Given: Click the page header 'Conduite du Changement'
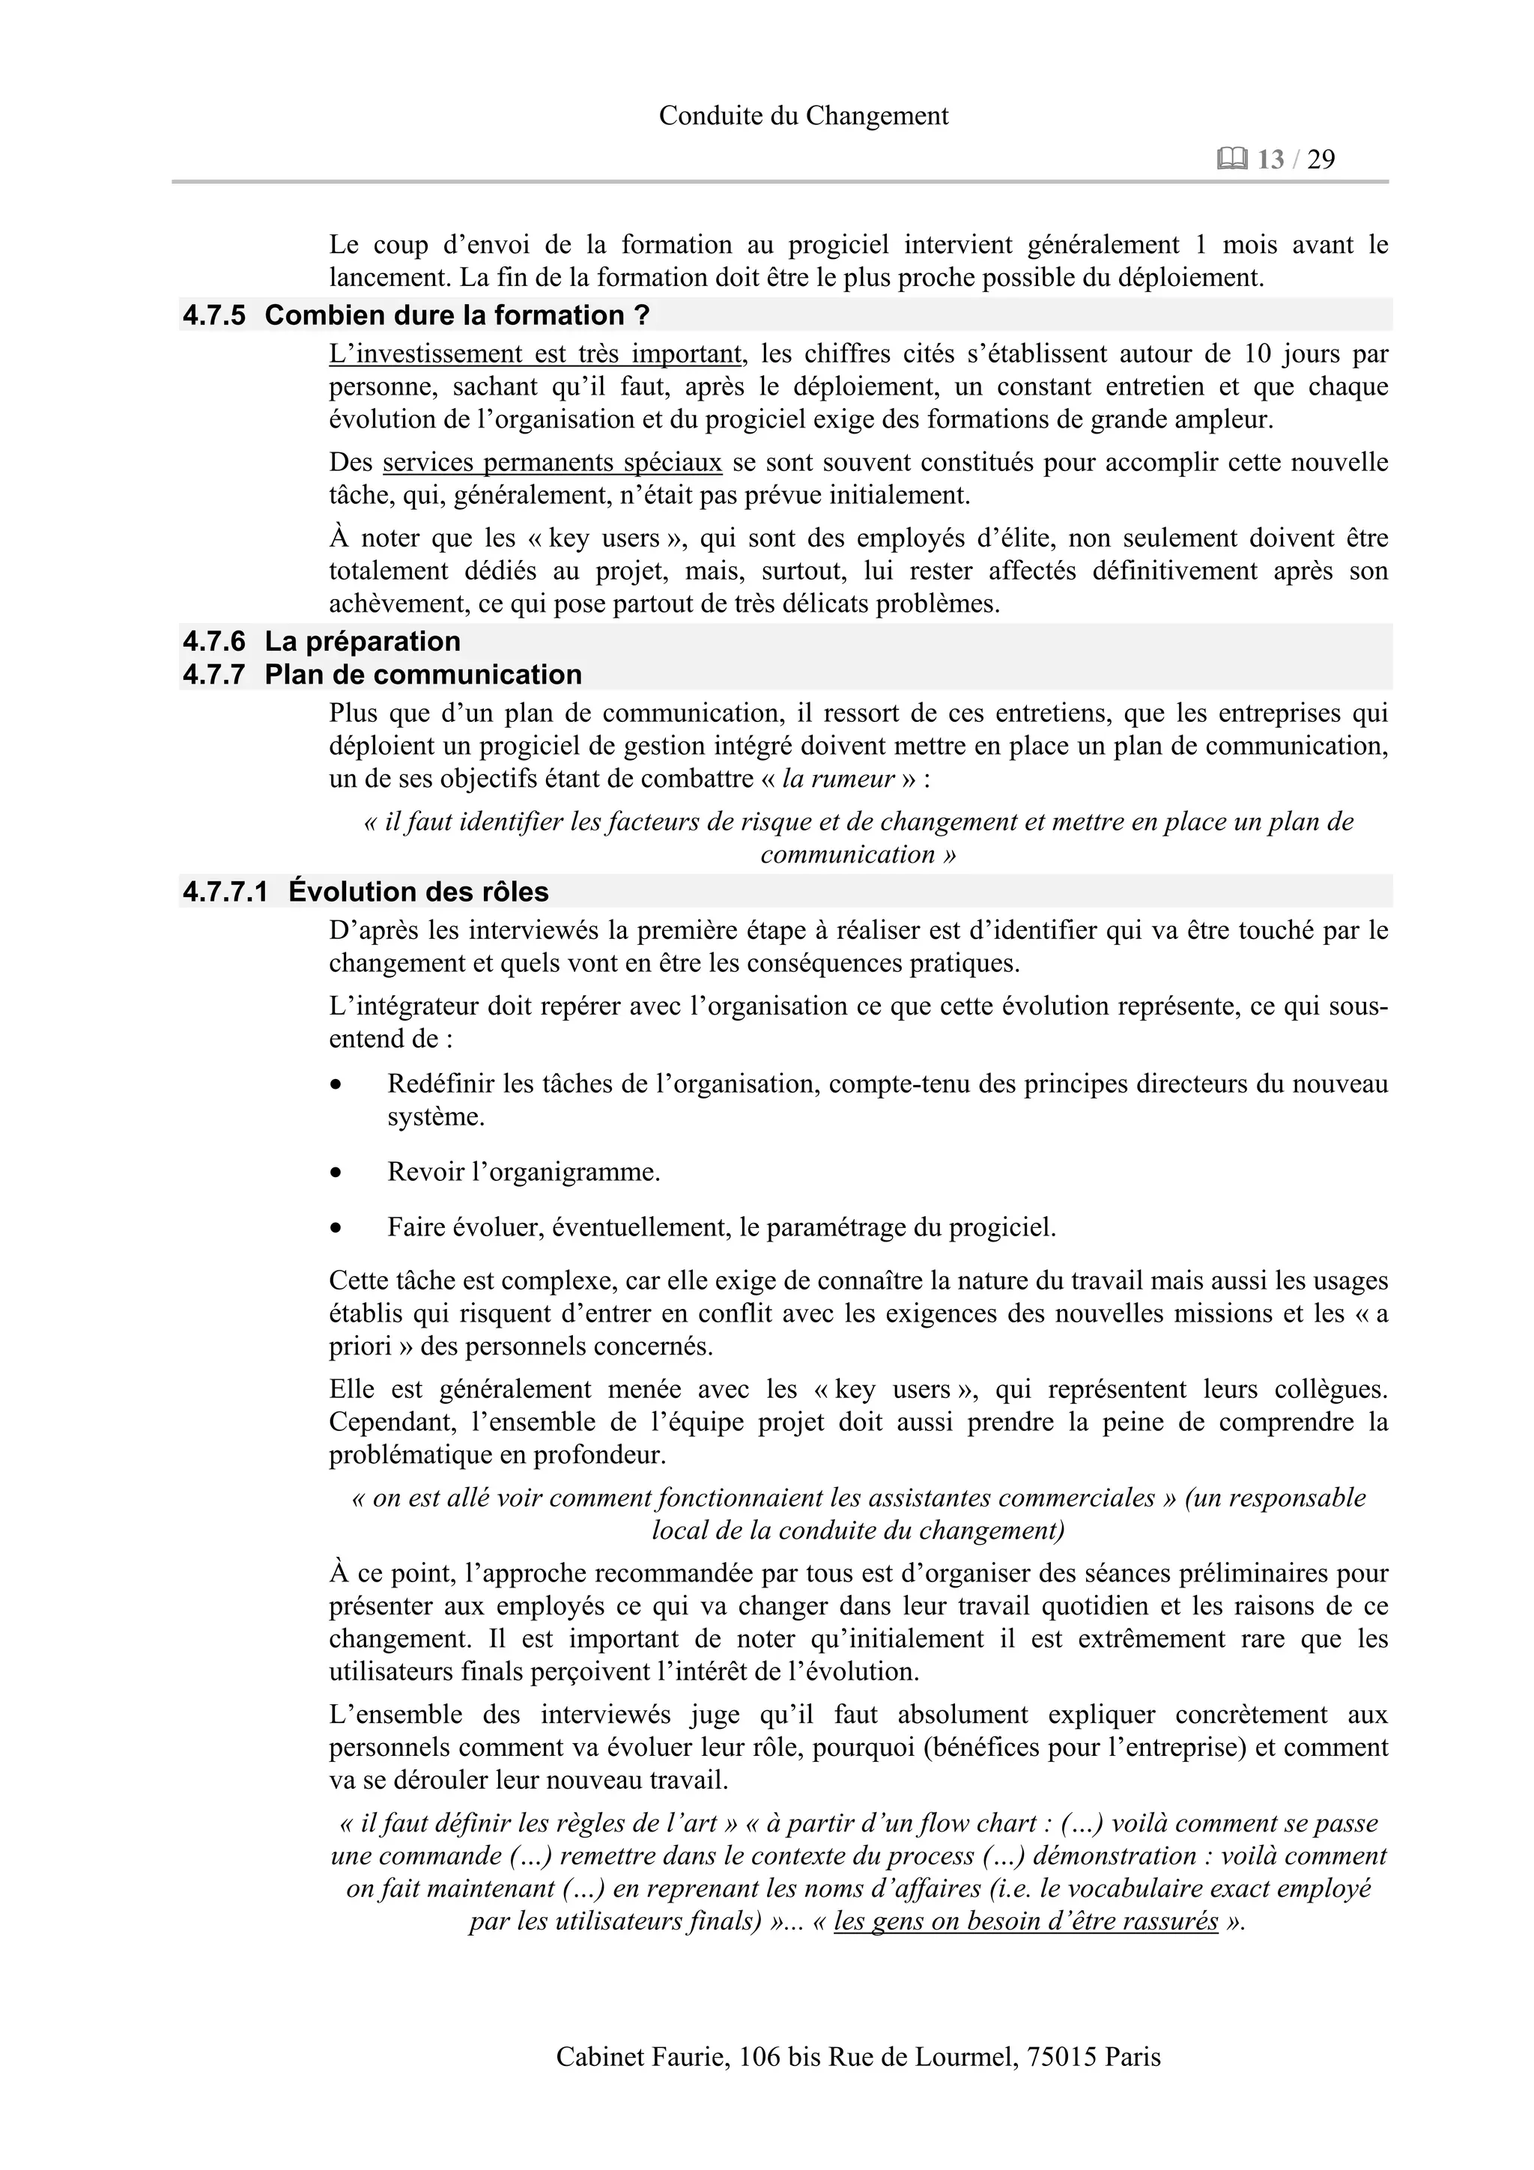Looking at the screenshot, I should pyautogui.click(x=804, y=115).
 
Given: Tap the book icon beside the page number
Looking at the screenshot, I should pyautogui.click(x=1232, y=159).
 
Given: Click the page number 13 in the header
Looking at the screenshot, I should pyautogui.click(x=1270, y=159).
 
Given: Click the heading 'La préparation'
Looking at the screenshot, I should pyautogui.click(x=362, y=641).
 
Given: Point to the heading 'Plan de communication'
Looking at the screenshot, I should pyautogui.click(x=422, y=674).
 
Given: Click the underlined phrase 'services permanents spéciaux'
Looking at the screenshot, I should pyautogui.click(x=552, y=462).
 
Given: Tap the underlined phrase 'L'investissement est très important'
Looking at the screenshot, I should pyautogui.click(x=536, y=353).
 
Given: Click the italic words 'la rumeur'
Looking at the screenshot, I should pyautogui.click(x=838, y=779).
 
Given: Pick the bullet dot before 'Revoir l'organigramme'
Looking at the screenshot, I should pyautogui.click(x=336, y=1173).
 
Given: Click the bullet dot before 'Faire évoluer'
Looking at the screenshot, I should pyautogui.click(x=336, y=1229).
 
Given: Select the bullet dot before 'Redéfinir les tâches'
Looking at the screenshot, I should pyautogui.click(x=336, y=1085).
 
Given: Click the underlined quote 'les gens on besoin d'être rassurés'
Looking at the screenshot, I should pyautogui.click(x=1025, y=1921).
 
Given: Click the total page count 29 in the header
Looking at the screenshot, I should pyautogui.click(x=1321, y=159).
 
